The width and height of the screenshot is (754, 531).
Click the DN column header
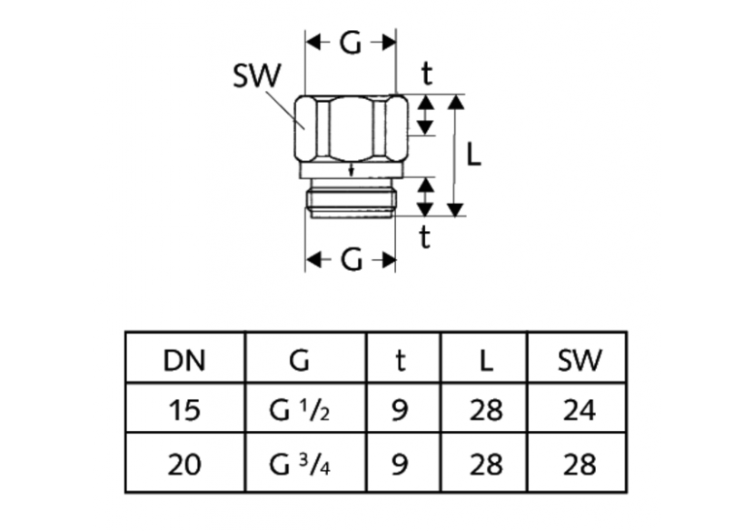pos(184,361)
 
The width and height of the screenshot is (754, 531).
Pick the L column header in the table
pos(487,361)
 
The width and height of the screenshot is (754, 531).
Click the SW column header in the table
pos(579,361)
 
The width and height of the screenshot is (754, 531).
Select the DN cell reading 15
pos(184,411)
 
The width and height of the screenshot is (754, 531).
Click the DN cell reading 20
pos(184,465)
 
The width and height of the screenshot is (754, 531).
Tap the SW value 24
pos(579,411)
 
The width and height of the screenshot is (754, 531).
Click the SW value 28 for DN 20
pos(579,465)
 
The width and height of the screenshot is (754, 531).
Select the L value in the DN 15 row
pos(487,411)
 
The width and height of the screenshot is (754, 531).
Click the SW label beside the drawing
pos(257,76)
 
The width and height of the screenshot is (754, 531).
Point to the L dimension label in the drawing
pos(473,155)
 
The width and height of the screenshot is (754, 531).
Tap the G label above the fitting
pos(351,43)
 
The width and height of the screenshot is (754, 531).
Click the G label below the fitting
pos(351,261)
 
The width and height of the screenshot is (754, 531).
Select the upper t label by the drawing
pos(426,73)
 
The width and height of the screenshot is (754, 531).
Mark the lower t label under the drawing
pos(425,237)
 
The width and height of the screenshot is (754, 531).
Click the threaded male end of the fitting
pos(351,201)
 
